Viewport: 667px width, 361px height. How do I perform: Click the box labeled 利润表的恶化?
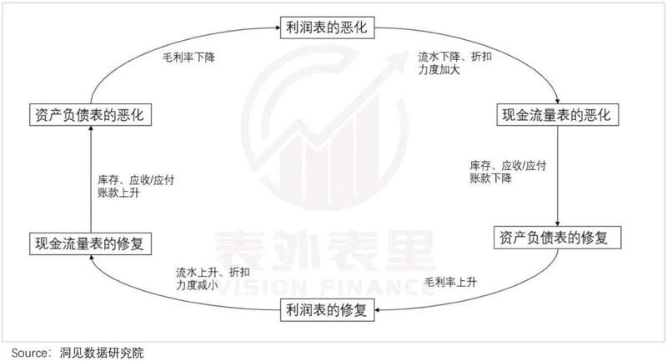coord(327,28)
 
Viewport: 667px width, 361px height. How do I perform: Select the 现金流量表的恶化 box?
coord(558,115)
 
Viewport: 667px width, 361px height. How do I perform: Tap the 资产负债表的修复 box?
coord(557,238)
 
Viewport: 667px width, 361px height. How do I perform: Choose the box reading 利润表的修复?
coord(327,309)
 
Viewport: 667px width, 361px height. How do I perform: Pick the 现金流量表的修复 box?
coord(90,243)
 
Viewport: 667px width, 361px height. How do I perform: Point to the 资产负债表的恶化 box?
coord(90,115)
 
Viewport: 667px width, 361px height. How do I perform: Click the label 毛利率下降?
coord(189,58)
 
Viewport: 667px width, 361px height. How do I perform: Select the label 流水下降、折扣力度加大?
coord(454,63)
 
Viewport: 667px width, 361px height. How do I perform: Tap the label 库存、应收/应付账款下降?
coord(508,172)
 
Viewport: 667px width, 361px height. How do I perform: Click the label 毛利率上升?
coord(450,282)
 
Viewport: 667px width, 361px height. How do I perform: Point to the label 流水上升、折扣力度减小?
coord(213,278)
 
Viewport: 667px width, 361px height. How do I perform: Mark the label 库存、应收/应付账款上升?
coord(136,186)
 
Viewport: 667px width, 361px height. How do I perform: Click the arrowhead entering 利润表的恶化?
coord(278,28)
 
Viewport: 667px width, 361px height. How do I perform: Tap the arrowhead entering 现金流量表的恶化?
coord(557,101)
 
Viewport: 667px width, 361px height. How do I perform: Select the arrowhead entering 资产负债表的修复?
coord(558,223)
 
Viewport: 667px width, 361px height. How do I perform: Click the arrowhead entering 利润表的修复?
coord(378,309)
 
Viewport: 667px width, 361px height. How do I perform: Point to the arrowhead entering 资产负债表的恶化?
coord(91,129)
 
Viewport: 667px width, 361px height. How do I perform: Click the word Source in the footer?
coord(29,353)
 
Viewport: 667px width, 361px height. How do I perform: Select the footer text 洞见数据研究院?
coord(102,353)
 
